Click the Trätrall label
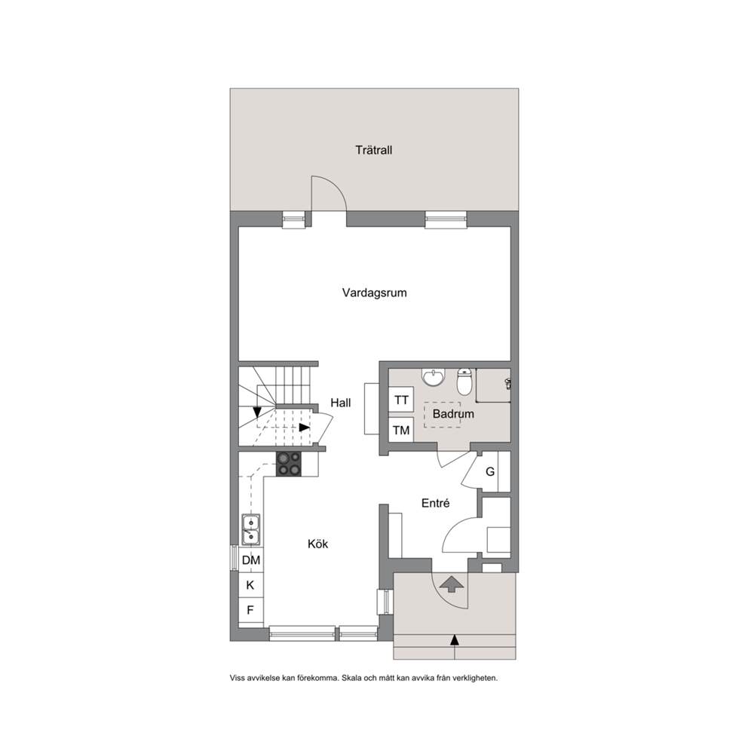click(x=373, y=150)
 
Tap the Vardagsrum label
click(x=375, y=293)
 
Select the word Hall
click(x=341, y=403)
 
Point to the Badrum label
click(x=453, y=414)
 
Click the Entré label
click(x=436, y=503)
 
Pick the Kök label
click(x=317, y=544)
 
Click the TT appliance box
click(x=401, y=400)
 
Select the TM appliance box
click(x=401, y=430)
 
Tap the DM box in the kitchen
click(x=251, y=560)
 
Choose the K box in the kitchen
click(x=251, y=585)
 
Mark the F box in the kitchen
click(x=251, y=610)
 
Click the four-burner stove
click(x=289, y=464)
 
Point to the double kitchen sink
click(x=251, y=529)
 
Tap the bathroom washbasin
click(x=433, y=377)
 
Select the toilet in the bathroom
click(x=464, y=381)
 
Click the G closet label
click(x=490, y=472)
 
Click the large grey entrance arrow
click(x=451, y=584)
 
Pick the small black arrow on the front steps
click(x=455, y=640)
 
